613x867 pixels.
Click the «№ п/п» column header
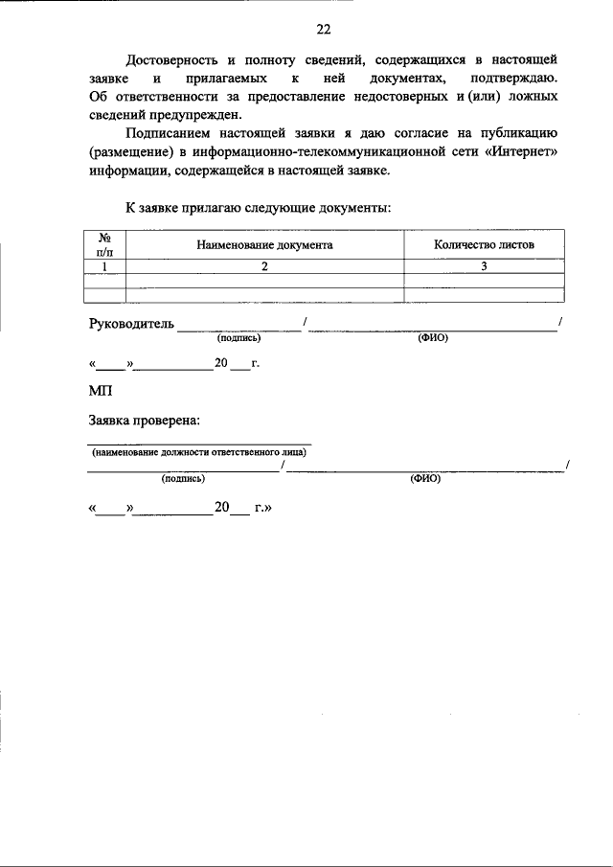105,243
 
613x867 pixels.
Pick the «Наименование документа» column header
264,244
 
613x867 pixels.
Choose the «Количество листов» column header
484,244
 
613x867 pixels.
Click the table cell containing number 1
105,266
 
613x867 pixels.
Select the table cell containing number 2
264,266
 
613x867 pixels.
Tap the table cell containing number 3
484,266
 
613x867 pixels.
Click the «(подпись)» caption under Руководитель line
239,337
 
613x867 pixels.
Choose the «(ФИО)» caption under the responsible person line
424,477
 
